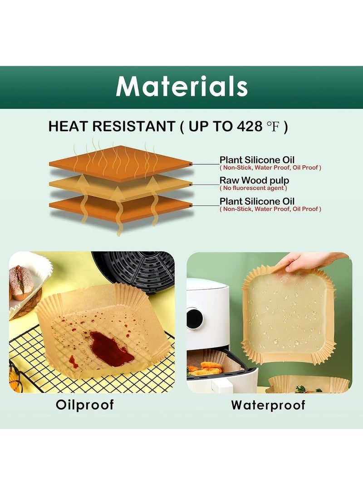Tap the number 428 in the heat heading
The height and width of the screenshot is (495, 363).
point(249,127)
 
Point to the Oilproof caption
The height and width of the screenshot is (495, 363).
point(85,404)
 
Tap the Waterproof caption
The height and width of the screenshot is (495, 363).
point(268,405)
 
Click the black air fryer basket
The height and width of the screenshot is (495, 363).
point(136,270)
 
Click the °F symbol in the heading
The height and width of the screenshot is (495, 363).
point(272,127)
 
